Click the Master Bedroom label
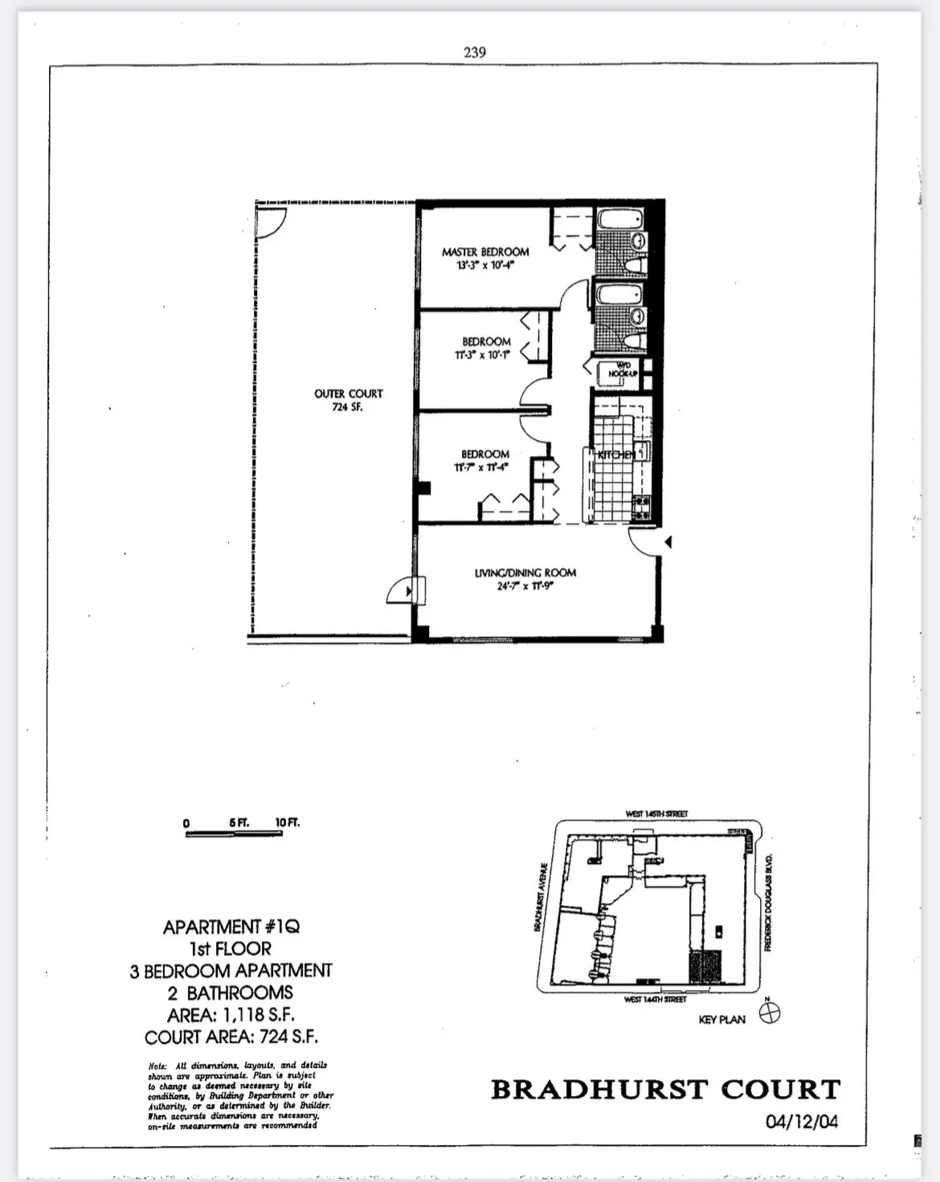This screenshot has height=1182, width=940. coord(485,252)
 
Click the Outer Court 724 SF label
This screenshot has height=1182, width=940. coord(348,393)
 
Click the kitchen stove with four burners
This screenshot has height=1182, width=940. coord(643,507)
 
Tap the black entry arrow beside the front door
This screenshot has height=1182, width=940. coord(668,544)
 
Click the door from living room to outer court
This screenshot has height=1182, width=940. coord(402,591)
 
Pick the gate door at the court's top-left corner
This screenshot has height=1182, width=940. coord(269,222)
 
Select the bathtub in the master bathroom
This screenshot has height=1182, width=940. coord(619,219)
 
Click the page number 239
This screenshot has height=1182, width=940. coord(474,52)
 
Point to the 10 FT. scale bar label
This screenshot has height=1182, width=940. coord(287,822)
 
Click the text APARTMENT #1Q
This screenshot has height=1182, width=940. coord(231,927)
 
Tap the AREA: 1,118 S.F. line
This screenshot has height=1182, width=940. coord(231,1014)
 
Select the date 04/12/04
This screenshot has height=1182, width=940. coord(801,1121)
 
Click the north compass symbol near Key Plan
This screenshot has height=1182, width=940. coord(770,1013)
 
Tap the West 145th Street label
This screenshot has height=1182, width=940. coord(656,813)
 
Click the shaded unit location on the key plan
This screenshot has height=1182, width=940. coord(707,966)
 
